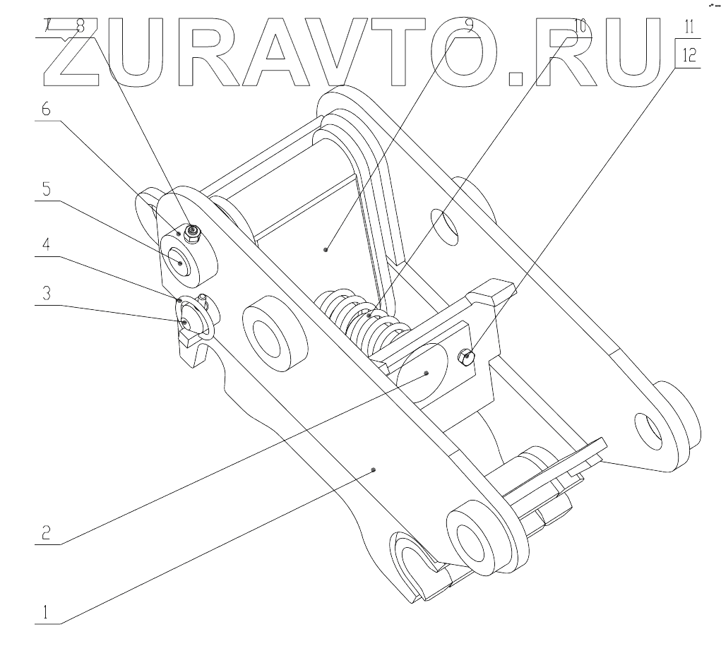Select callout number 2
click(44, 532)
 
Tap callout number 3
click(44, 294)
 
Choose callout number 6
click(44, 110)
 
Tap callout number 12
click(689, 55)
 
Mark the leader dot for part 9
click(326, 249)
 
